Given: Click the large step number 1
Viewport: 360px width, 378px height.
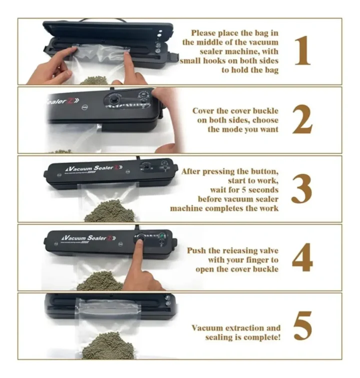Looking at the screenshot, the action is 303,51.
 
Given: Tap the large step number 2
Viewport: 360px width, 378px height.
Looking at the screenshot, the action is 302,119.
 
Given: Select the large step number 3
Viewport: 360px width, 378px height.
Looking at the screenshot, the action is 301,189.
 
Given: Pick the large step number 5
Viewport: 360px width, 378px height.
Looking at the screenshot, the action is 302,326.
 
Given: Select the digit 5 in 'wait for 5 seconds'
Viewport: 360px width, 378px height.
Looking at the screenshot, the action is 243,190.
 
